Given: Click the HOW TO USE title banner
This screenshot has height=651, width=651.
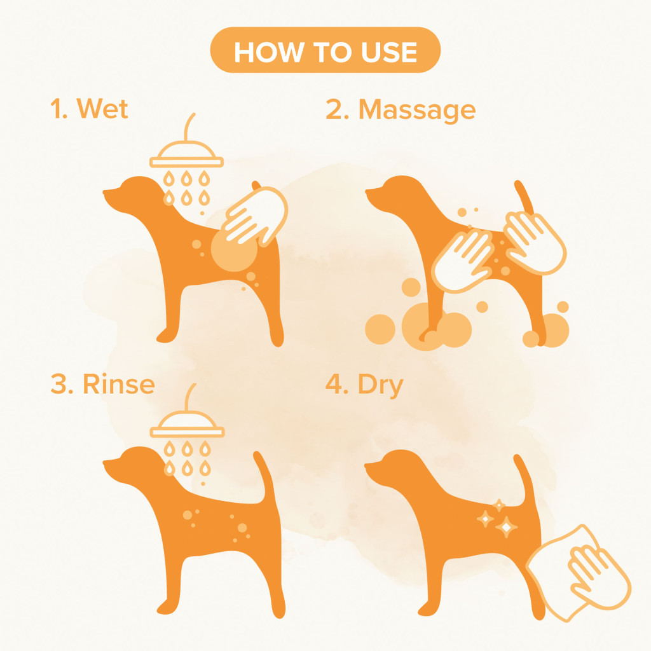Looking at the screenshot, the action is (x=325, y=50).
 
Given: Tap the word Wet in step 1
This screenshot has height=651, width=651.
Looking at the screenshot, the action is (x=102, y=109).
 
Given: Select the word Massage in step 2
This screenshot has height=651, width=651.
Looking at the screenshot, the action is (x=417, y=110).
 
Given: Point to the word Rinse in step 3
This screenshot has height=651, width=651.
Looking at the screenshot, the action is (x=119, y=383).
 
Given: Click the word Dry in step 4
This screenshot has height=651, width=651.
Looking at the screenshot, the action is (x=381, y=385).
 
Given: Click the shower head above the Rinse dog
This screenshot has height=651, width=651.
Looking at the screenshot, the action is (x=188, y=423).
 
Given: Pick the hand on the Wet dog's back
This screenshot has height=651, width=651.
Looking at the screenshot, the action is (x=256, y=216).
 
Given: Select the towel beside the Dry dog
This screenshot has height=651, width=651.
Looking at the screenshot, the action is (x=578, y=573).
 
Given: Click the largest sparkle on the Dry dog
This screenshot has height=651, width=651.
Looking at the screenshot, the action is (x=506, y=527).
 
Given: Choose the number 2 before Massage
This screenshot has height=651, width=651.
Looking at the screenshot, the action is (x=334, y=109).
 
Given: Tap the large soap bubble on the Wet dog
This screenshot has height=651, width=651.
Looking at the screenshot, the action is (x=234, y=249).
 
